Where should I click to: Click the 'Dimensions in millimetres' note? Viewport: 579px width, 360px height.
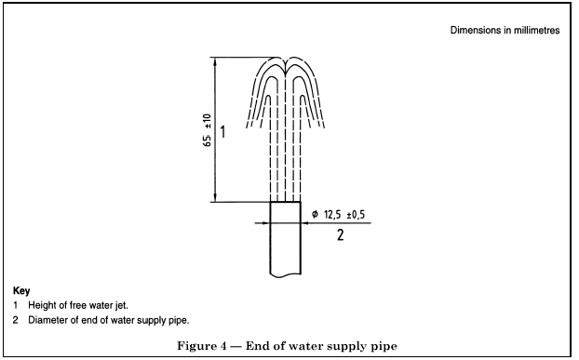point(505,31)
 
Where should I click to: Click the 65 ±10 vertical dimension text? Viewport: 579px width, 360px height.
point(209,131)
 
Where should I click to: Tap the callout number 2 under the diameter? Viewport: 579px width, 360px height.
point(340,235)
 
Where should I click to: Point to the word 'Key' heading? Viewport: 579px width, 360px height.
point(21,290)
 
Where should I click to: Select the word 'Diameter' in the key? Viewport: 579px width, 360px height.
point(47,320)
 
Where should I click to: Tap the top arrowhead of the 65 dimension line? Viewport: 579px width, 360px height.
point(216,62)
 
